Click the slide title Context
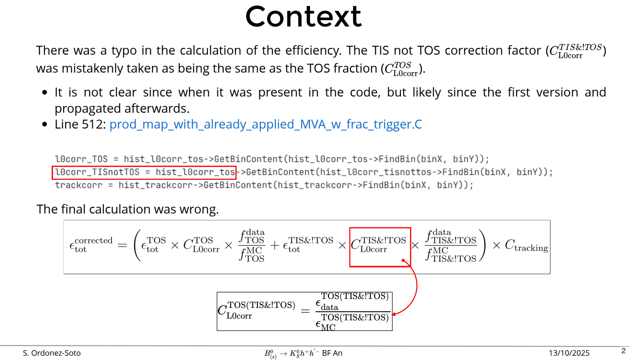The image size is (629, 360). click(x=303, y=17)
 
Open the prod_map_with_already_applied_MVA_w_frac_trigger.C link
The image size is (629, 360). click(x=266, y=124)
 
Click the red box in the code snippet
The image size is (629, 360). click(x=144, y=172)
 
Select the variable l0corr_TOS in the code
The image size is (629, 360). click(x=81, y=159)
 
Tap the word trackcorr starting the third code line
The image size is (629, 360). click(x=79, y=185)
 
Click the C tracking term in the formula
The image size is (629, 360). click(x=526, y=246)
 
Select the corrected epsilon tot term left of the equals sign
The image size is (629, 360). click(x=91, y=245)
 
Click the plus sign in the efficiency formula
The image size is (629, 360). click(x=274, y=246)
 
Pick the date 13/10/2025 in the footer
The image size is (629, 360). click(x=569, y=353)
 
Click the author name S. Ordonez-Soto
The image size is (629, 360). click(x=52, y=353)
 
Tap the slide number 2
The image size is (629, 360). click(x=623, y=351)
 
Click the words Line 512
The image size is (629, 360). click(x=80, y=124)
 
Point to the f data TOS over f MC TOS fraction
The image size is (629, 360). click(x=252, y=246)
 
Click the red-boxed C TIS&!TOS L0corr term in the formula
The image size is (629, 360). click(x=380, y=245)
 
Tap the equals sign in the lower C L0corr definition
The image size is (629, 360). click(x=305, y=311)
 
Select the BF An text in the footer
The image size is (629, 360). click(x=332, y=353)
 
